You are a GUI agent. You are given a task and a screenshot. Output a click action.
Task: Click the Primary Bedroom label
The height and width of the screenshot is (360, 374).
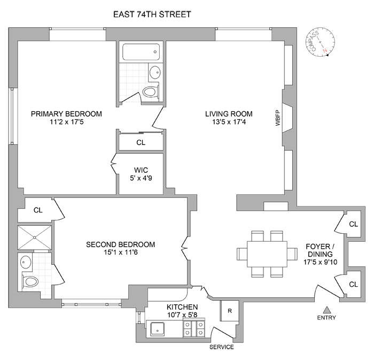66,113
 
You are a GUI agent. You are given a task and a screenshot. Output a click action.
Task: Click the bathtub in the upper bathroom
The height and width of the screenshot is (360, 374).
141,52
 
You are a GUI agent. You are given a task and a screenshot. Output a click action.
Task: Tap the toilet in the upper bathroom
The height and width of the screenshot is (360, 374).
152,91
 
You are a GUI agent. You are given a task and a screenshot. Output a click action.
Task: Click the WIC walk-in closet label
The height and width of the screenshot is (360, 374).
141,170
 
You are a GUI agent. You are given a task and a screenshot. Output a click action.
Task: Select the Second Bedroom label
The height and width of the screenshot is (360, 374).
121,244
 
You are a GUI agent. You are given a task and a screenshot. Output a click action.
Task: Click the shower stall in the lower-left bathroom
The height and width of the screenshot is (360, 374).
35,237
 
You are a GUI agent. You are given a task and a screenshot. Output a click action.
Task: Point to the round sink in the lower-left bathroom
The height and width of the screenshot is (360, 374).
26,262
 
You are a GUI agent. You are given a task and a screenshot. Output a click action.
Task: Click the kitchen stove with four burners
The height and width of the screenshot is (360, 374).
193,330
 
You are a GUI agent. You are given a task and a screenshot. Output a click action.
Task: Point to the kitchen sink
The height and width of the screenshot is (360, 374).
158,329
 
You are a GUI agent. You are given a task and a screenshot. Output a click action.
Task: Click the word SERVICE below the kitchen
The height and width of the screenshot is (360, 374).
222,347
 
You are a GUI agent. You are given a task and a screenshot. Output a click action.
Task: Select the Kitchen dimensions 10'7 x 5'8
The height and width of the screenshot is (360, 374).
182,315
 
